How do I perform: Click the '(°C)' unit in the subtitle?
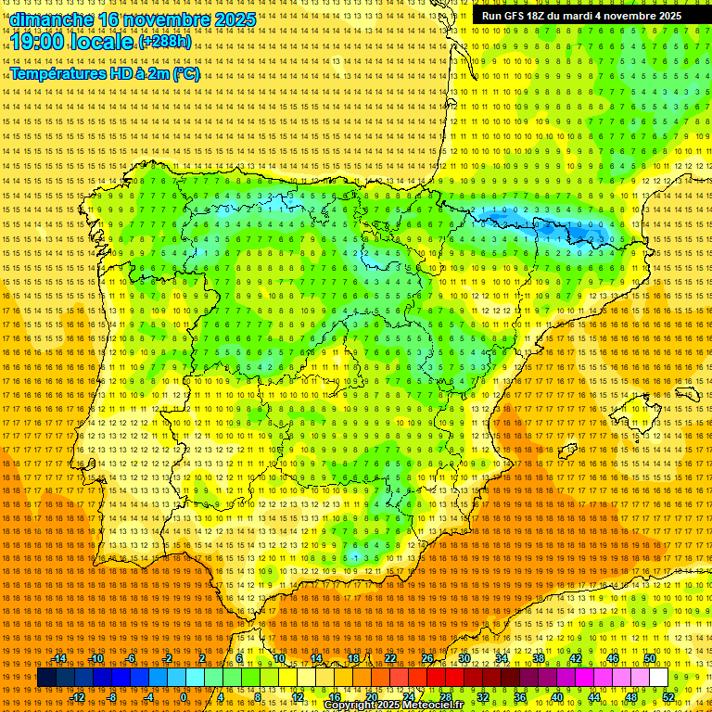point(185,74)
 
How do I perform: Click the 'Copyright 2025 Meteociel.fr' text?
point(393,705)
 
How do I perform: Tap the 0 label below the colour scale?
point(184,697)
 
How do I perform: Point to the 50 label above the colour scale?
point(650,658)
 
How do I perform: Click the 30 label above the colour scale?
point(464,658)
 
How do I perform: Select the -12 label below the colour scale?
point(78,697)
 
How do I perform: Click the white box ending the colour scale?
point(659,678)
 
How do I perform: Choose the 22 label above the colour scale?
point(390,658)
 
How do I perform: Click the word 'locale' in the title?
point(104,42)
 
